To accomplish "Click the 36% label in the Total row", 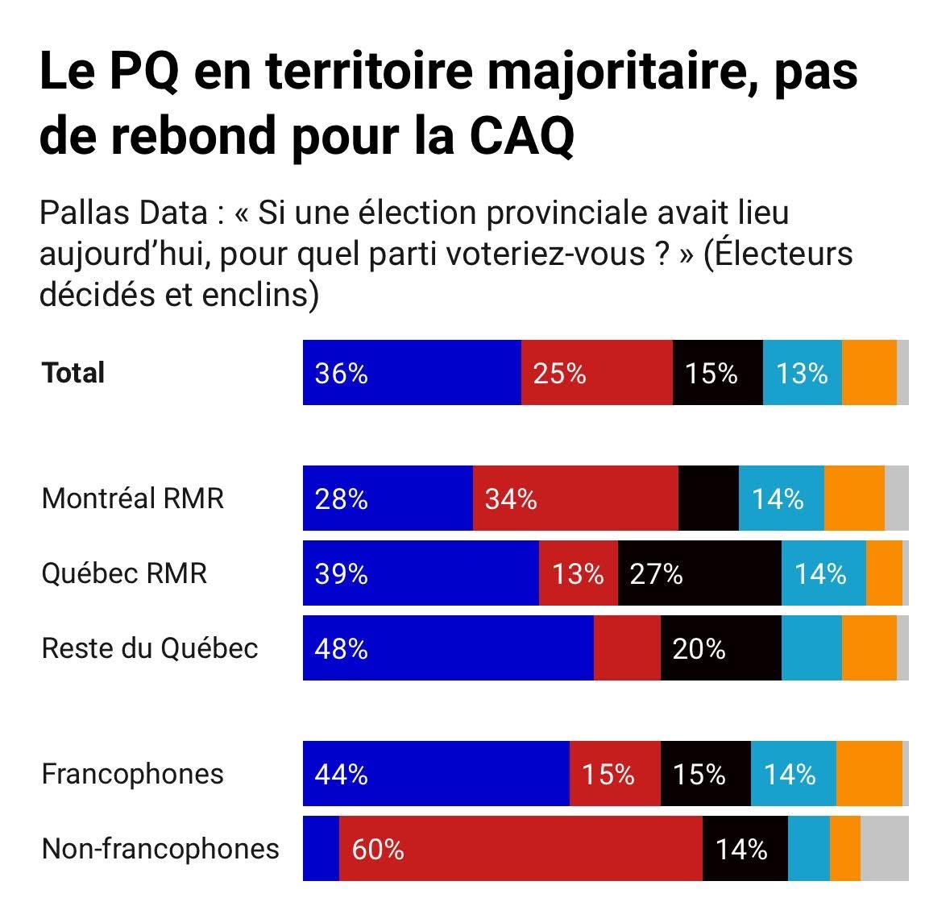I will [x=341, y=373].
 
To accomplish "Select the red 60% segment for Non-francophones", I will [x=521, y=849].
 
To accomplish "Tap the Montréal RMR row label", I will [x=132, y=498].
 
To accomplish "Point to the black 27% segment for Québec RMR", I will [x=699, y=573].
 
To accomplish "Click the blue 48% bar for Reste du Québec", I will [x=448, y=648].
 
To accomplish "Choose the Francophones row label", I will [x=132, y=774].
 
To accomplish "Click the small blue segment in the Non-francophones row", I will [x=321, y=849].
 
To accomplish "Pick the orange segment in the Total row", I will [x=869, y=373].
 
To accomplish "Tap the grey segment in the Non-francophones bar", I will [x=884, y=849].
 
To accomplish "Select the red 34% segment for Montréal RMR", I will [x=575, y=499].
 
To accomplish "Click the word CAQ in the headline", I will [x=521, y=135].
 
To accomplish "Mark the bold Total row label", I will [x=73, y=373].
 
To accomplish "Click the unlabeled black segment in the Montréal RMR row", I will [x=708, y=499].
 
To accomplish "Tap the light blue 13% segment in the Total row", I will [x=802, y=373].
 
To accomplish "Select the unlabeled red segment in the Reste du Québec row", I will [x=627, y=648].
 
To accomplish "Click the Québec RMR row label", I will [x=124, y=573].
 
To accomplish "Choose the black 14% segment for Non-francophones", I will [x=745, y=849].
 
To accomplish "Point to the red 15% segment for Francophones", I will [x=615, y=774].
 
